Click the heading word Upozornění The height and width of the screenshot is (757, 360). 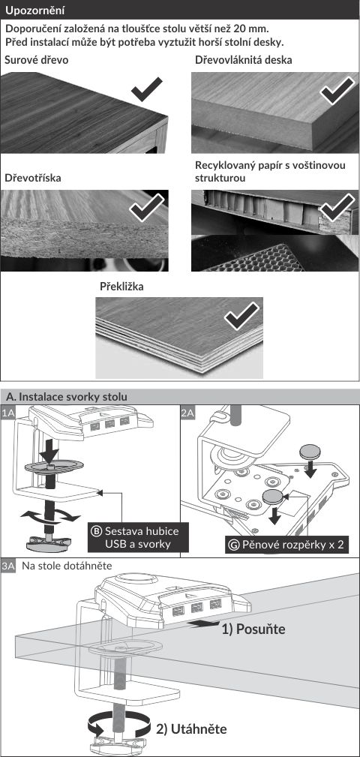click(35, 11)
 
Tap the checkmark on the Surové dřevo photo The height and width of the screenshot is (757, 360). click(147, 89)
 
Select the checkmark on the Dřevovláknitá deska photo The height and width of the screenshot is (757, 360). click(337, 89)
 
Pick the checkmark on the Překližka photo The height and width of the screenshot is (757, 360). click(241, 317)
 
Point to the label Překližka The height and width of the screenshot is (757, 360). click(121, 287)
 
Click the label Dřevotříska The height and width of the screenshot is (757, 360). click(33, 178)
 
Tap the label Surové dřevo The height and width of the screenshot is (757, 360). click(36, 60)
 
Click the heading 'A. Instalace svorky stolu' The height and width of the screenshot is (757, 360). click(67, 397)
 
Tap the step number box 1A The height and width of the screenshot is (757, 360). click(8, 413)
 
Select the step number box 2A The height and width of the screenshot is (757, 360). click(187, 413)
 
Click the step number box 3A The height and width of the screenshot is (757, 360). click(8, 566)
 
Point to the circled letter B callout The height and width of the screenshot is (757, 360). click(97, 531)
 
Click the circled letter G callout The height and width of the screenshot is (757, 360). click(234, 545)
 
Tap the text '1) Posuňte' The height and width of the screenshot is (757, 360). click(253, 629)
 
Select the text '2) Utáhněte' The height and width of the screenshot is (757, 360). click(191, 728)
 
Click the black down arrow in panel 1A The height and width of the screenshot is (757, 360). click(49, 450)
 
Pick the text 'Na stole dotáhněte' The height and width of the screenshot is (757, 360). click(67, 566)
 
